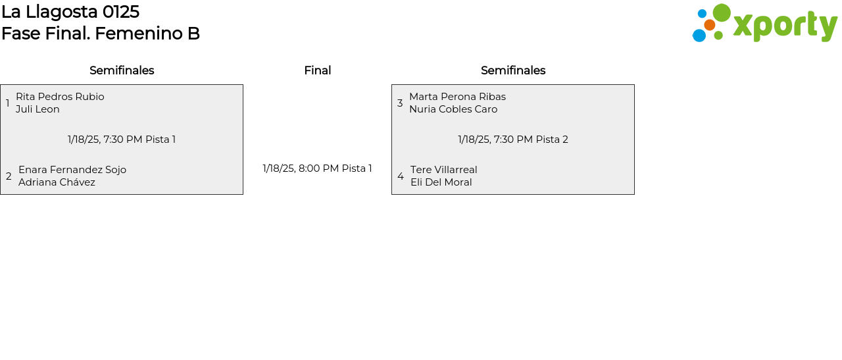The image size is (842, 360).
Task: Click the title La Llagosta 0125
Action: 70,12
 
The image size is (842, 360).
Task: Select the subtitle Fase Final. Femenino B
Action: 101,34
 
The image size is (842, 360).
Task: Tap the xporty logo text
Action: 785,26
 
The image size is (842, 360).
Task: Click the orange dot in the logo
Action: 709,25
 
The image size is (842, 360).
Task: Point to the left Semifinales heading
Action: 122,70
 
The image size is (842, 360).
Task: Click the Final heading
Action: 317,70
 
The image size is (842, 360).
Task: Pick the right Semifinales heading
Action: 513,70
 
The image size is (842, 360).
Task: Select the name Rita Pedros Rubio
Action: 60,97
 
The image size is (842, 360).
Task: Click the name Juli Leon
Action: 37,109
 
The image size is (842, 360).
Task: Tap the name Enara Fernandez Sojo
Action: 72,170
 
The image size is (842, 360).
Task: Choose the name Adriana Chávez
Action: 57,182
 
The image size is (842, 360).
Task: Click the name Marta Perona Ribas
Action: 457,97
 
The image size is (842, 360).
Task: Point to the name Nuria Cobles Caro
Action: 453,109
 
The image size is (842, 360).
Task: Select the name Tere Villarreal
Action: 444,170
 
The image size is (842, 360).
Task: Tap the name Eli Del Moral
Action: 441,182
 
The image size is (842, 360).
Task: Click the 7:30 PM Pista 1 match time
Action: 122,140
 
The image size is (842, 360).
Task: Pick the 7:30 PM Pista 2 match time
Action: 513,140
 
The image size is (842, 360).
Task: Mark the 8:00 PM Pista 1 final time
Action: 317,168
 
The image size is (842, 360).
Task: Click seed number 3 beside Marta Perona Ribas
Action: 400,103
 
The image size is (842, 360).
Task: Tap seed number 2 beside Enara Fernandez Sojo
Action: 9,176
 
